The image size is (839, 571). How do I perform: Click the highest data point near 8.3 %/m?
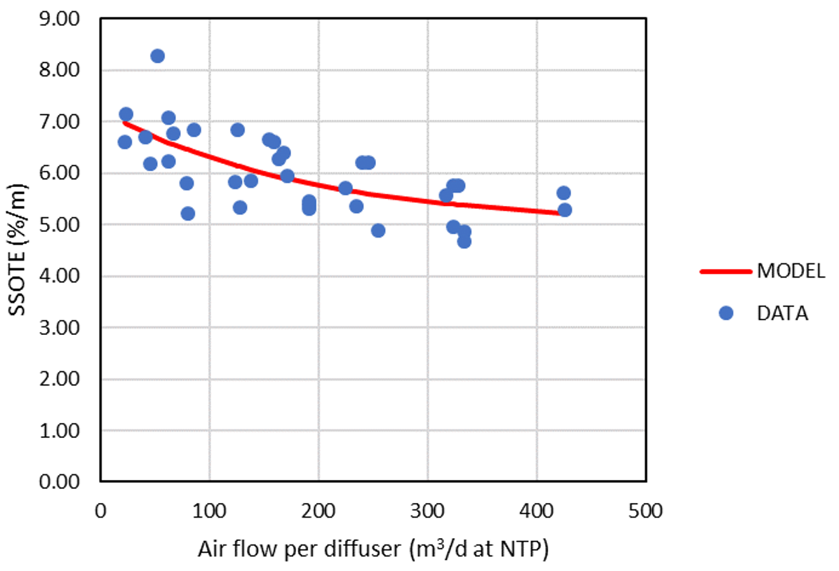[158, 56]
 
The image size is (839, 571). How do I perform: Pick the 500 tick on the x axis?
[646, 511]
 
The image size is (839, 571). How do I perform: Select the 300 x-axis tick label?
[428, 511]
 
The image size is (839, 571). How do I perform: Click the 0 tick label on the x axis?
[101, 511]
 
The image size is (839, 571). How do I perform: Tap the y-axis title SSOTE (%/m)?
[19, 251]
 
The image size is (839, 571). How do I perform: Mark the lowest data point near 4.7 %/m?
[464, 241]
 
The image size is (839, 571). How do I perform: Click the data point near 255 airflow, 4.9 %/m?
[378, 231]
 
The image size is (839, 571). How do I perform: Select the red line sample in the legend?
[725, 272]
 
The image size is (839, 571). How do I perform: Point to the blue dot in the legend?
[726, 313]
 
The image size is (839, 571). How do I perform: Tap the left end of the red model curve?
[125, 122]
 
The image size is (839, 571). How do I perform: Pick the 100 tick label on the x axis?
[210, 511]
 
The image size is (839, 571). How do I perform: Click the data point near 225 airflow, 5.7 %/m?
[345, 188]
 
